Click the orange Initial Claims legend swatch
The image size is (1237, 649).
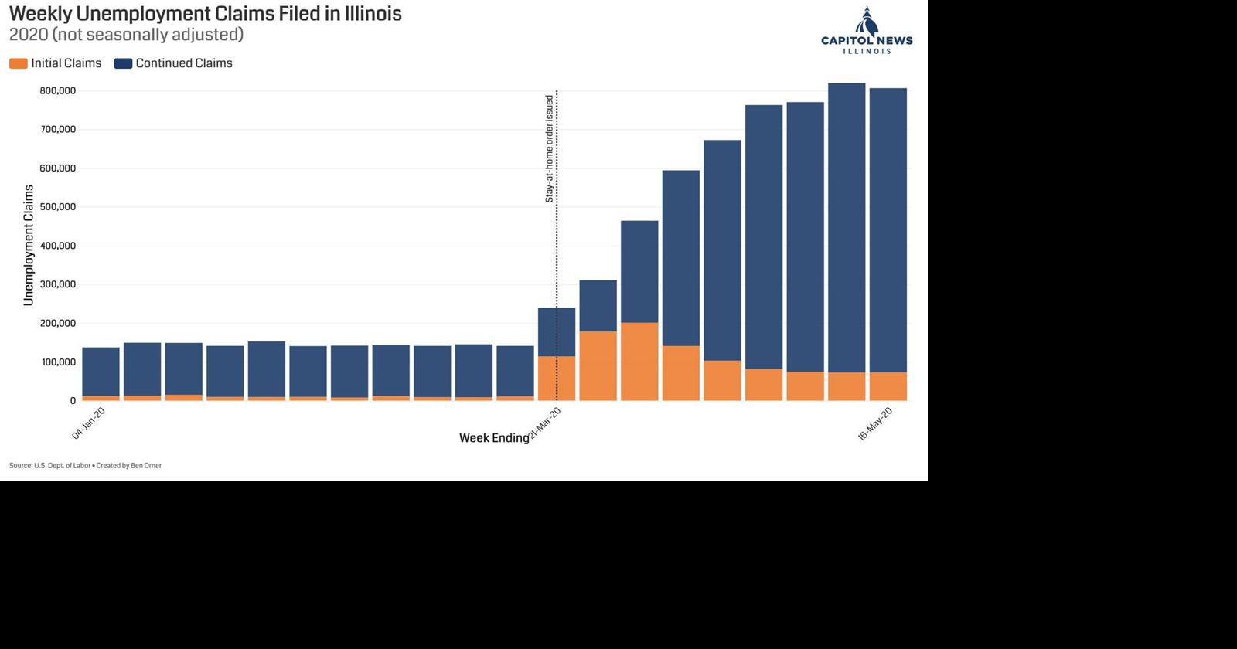coord(19,63)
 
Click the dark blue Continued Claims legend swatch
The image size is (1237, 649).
coord(123,63)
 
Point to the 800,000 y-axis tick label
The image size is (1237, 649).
coord(58,91)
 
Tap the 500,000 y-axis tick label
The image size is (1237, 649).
coord(58,207)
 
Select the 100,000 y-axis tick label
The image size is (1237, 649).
coord(58,362)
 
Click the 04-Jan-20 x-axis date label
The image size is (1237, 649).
coord(88,423)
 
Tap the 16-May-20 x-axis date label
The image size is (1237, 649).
coord(875,424)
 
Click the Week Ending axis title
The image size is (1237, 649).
coord(493,438)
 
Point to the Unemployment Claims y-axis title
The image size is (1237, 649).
coord(29,245)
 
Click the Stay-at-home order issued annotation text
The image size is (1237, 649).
coord(550,148)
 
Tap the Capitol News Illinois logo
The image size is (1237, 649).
coord(867,32)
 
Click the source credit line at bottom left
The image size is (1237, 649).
coord(85,466)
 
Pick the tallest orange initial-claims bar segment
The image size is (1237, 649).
coord(639,361)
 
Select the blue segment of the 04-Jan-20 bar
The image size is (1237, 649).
coord(101,372)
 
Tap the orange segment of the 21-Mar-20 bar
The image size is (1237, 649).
coord(557,378)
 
